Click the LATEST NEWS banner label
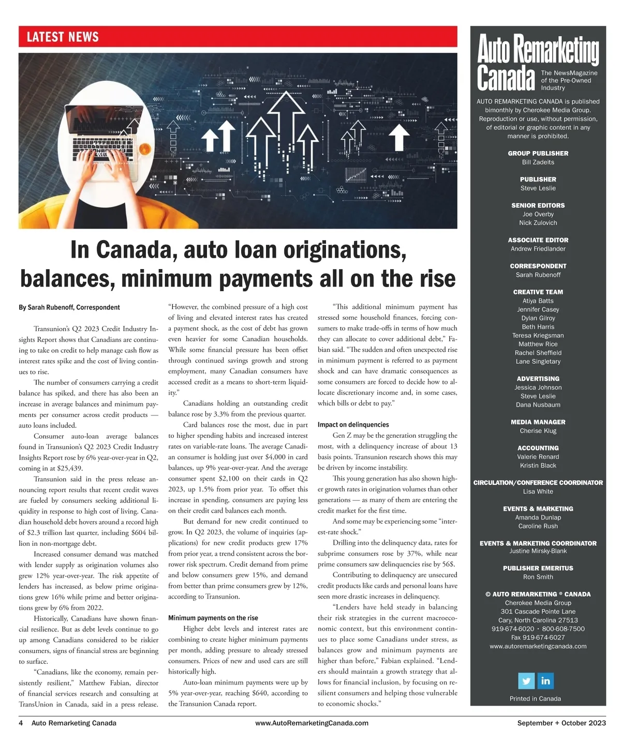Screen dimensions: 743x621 pos(63,37)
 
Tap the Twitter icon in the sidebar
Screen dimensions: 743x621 pos(526,680)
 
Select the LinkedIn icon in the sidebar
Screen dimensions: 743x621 pos(545,680)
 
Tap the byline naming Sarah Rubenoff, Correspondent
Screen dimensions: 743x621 pos(69,307)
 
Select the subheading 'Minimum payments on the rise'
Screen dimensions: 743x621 pos(213,618)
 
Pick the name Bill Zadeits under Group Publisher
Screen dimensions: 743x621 pos(538,162)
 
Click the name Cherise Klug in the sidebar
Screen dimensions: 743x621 pos(538,430)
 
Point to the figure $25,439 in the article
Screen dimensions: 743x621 pos(68,468)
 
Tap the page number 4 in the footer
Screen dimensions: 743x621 pos(21,723)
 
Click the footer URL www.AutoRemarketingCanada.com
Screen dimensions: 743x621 pos(312,723)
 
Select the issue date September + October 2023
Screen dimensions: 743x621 pos(561,723)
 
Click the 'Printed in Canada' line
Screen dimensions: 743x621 pos(535,699)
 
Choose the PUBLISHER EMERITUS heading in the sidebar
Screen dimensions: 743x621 pos(538,568)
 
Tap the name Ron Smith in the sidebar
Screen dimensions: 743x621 pos(538,577)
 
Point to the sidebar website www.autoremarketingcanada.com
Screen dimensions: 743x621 pos(538,646)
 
